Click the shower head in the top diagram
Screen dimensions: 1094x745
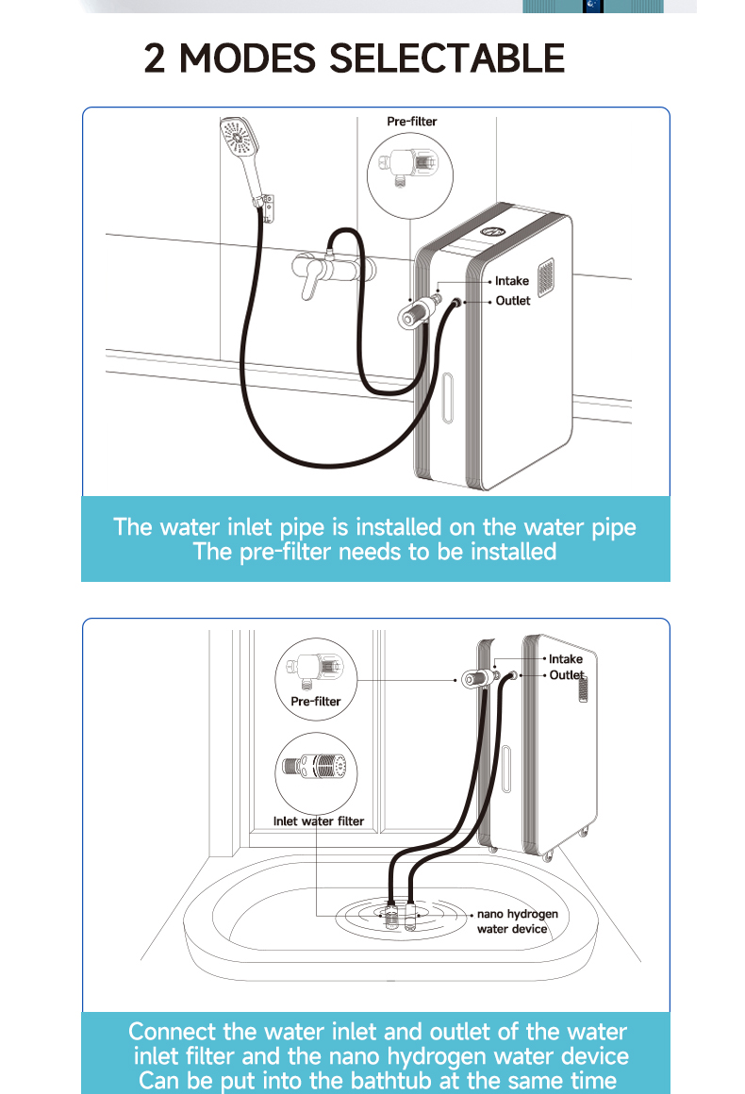[x=236, y=141]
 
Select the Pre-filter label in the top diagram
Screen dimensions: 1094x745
[x=412, y=122]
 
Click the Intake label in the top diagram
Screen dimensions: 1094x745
[x=512, y=281]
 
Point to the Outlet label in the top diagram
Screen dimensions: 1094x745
[x=513, y=301]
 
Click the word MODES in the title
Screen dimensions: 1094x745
[x=248, y=58]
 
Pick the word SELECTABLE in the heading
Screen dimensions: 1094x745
[x=446, y=58]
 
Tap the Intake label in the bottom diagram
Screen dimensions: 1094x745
[x=566, y=659]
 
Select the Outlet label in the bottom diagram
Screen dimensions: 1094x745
[x=567, y=675]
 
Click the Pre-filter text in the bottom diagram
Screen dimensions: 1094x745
[x=316, y=702]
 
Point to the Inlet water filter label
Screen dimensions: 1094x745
[x=318, y=820]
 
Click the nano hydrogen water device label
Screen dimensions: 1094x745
[x=517, y=921]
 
